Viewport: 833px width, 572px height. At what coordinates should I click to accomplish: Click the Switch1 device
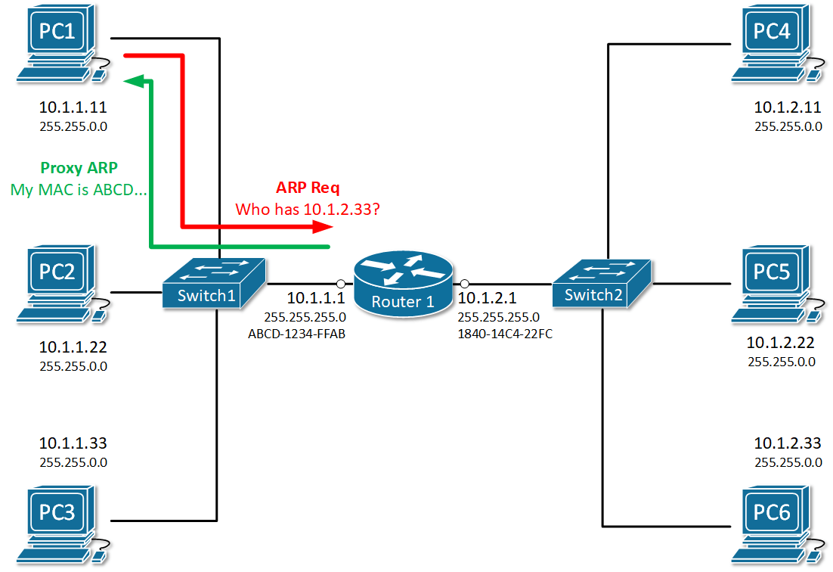(x=214, y=284)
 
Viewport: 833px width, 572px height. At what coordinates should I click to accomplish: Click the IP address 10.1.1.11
(x=73, y=109)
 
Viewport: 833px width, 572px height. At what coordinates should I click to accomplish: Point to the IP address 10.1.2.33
(x=788, y=443)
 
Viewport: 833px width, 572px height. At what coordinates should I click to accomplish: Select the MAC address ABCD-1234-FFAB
(x=296, y=334)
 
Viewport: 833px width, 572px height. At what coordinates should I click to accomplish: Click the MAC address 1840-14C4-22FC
(x=505, y=334)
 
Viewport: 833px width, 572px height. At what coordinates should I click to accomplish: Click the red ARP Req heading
(x=308, y=188)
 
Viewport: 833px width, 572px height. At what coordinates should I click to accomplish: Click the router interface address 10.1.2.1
(x=488, y=299)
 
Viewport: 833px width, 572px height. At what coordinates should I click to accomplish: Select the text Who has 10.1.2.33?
(x=308, y=209)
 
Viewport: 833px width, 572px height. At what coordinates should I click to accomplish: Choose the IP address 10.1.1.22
(x=73, y=348)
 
